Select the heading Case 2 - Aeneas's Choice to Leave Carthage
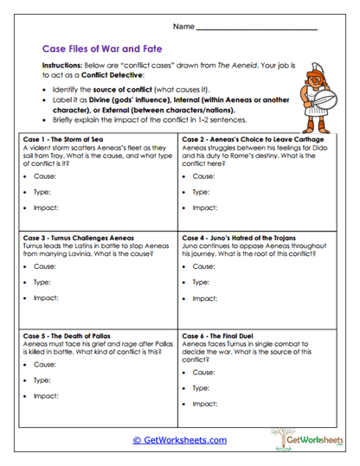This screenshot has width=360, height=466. point(253,138)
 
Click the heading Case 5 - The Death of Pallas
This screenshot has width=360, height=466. point(71,333)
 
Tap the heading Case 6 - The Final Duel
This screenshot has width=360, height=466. point(227,333)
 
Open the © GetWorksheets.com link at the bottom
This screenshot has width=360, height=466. point(179,440)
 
